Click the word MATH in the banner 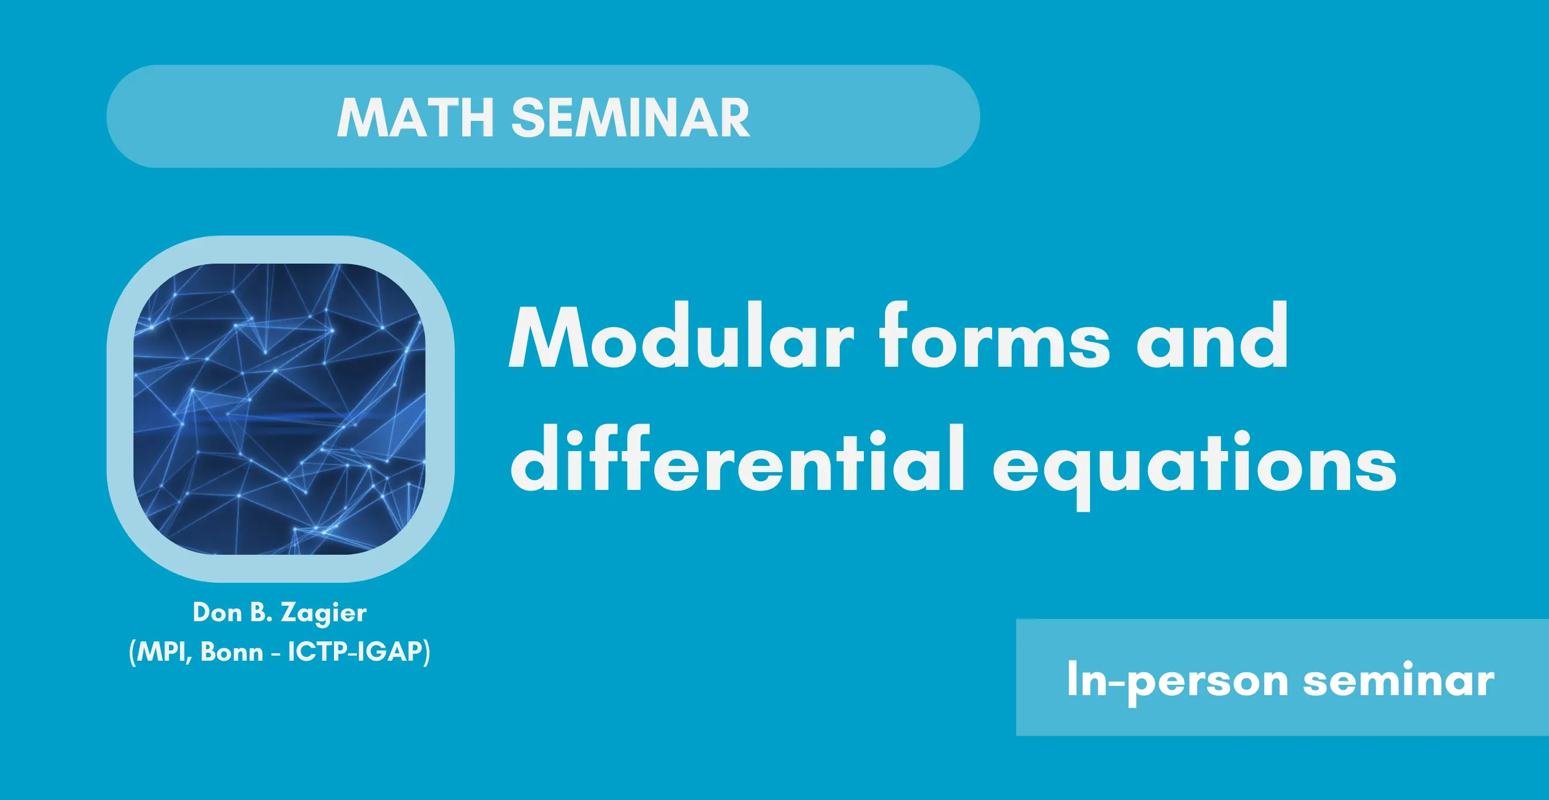click(416, 118)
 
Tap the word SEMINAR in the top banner click(630, 118)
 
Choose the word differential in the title click(738, 458)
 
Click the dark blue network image click(280, 409)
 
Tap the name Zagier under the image click(324, 614)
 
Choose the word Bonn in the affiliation click(231, 652)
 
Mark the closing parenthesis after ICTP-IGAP click(426, 653)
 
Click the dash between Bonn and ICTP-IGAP click(276, 653)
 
